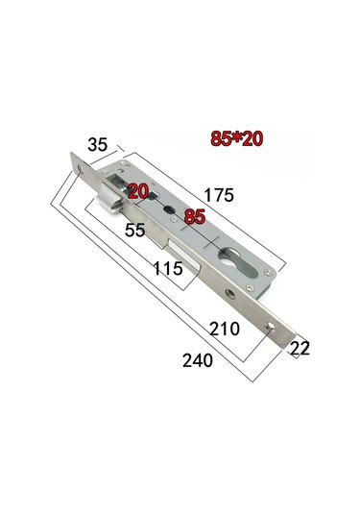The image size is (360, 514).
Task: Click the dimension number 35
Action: tap(98, 147)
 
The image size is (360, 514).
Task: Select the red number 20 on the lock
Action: tap(138, 191)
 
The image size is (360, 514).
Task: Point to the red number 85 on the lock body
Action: tap(194, 217)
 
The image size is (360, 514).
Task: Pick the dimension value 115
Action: tap(168, 270)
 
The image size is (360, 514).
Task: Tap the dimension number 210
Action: tap(224, 329)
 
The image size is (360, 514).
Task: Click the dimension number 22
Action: tap(300, 350)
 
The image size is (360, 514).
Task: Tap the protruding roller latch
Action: tap(107, 198)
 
